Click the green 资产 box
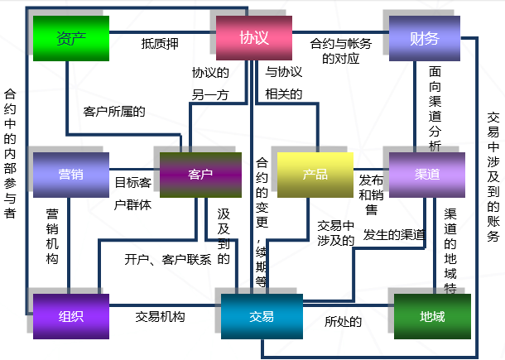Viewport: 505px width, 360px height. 70,38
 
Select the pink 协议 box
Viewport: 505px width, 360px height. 253,38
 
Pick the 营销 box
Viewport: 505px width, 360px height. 70,174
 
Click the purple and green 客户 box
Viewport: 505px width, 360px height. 200,174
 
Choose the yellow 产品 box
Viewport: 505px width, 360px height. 315,174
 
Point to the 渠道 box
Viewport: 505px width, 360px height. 426,174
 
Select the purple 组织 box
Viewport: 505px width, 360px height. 70,315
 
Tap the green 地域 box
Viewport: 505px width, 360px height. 431,316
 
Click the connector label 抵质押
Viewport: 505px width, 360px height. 160,43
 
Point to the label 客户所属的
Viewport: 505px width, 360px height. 114,110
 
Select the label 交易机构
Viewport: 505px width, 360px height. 160,317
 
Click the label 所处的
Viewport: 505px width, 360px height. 344,322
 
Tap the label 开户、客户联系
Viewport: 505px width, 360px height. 168,259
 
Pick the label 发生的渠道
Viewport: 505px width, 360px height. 393,234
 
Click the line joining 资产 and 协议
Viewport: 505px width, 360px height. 161,31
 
